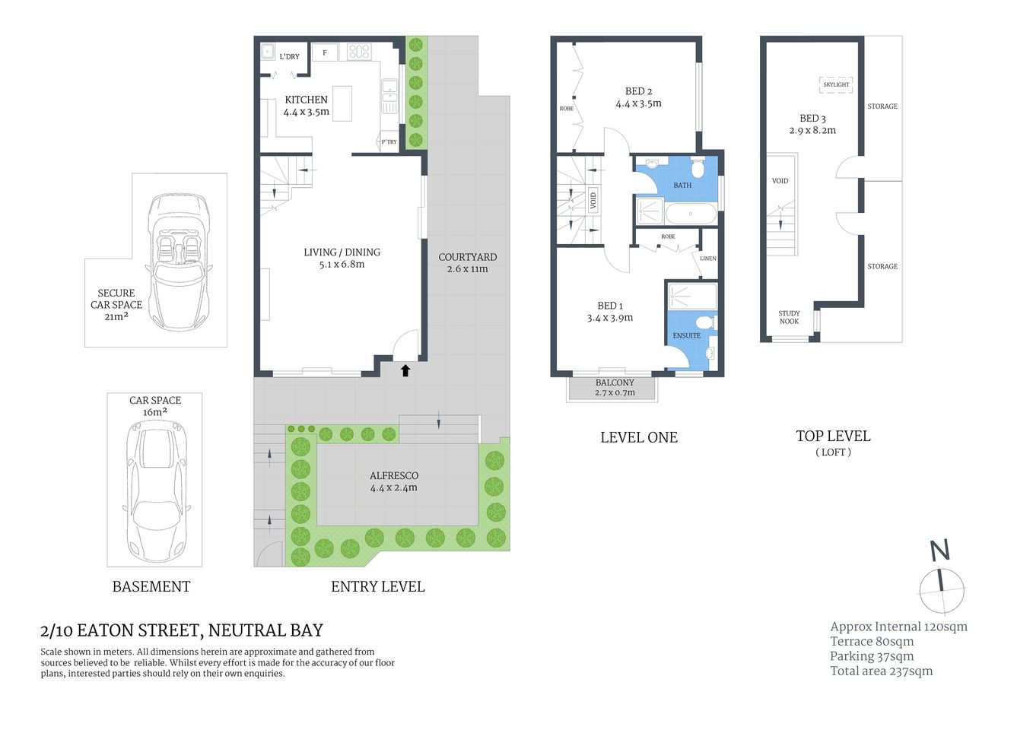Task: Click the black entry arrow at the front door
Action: coord(405,370)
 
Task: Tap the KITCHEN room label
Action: coord(306,100)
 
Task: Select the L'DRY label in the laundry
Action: coord(289,56)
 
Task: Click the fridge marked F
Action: coord(325,52)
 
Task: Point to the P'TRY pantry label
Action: coord(389,141)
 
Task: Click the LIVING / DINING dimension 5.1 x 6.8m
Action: coord(342,265)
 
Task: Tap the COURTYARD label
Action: coord(467,257)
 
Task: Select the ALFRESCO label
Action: coord(393,475)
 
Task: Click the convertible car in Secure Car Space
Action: coord(178,261)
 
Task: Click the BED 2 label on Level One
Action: coord(638,91)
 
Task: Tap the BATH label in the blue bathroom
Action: coord(682,185)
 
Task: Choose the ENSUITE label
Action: coord(686,335)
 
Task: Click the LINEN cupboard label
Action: coord(707,259)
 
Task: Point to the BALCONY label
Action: coord(615,382)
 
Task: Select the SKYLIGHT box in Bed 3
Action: coord(836,84)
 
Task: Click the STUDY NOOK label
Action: coord(789,317)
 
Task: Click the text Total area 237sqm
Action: coord(881,671)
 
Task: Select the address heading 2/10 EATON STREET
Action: coord(182,630)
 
